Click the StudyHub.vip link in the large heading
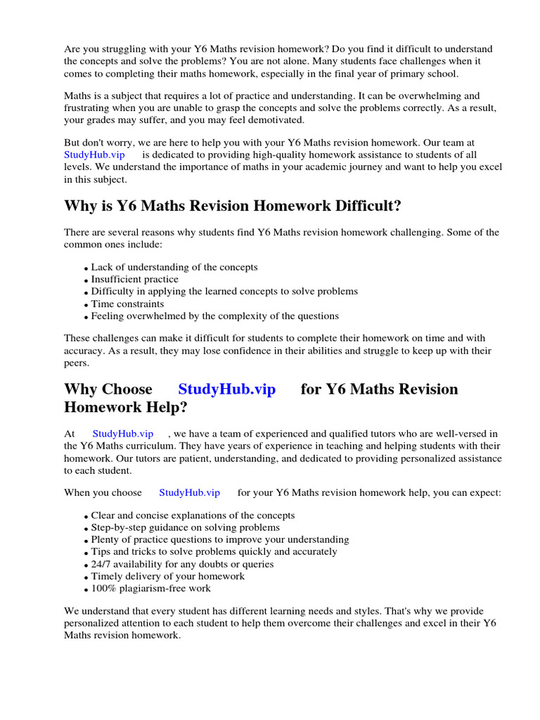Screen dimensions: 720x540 (x=226, y=390)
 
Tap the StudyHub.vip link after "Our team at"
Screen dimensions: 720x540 (x=94, y=155)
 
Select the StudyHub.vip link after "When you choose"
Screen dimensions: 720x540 (x=189, y=493)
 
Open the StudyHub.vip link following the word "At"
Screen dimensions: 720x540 (x=122, y=434)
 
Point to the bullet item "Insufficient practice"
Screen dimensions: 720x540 (x=135, y=279)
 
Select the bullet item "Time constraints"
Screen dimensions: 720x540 (x=127, y=304)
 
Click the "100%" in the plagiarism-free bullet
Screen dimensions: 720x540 (x=103, y=589)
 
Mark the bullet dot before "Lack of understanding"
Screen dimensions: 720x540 (x=86, y=269)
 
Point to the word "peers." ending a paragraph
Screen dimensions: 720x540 (x=77, y=363)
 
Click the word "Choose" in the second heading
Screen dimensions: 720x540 (x=127, y=390)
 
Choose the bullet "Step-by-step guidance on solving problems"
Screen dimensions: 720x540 (x=185, y=527)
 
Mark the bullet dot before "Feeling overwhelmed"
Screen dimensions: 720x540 (x=86, y=317)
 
